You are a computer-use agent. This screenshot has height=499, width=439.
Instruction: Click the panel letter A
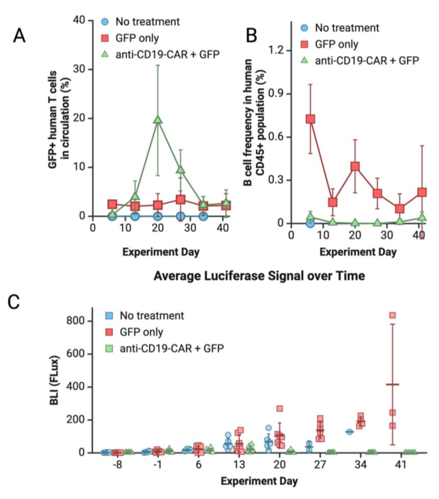20,35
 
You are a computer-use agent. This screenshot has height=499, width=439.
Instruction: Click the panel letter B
252,35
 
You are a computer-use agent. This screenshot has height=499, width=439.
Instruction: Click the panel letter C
14,302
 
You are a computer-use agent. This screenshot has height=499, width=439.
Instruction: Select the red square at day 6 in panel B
311,119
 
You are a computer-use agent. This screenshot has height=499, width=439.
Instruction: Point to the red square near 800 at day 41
392,315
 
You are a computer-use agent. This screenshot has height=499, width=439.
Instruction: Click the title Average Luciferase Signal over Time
259,276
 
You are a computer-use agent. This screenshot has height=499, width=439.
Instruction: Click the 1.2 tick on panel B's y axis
277,51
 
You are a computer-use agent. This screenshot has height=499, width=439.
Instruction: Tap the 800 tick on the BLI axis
76,321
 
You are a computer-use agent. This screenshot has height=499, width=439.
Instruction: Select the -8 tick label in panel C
117,464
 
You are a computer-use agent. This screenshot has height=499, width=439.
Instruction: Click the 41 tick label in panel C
401,464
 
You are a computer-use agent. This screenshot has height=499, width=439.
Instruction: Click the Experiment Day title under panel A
161,252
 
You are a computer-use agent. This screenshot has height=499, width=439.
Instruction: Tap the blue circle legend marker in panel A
105,22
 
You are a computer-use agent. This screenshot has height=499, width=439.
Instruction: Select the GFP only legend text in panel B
337,44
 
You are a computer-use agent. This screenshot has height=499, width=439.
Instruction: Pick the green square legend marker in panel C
109,348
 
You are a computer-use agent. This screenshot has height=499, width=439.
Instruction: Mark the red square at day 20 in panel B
355,166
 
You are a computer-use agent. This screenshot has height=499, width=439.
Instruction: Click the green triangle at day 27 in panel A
180,170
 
